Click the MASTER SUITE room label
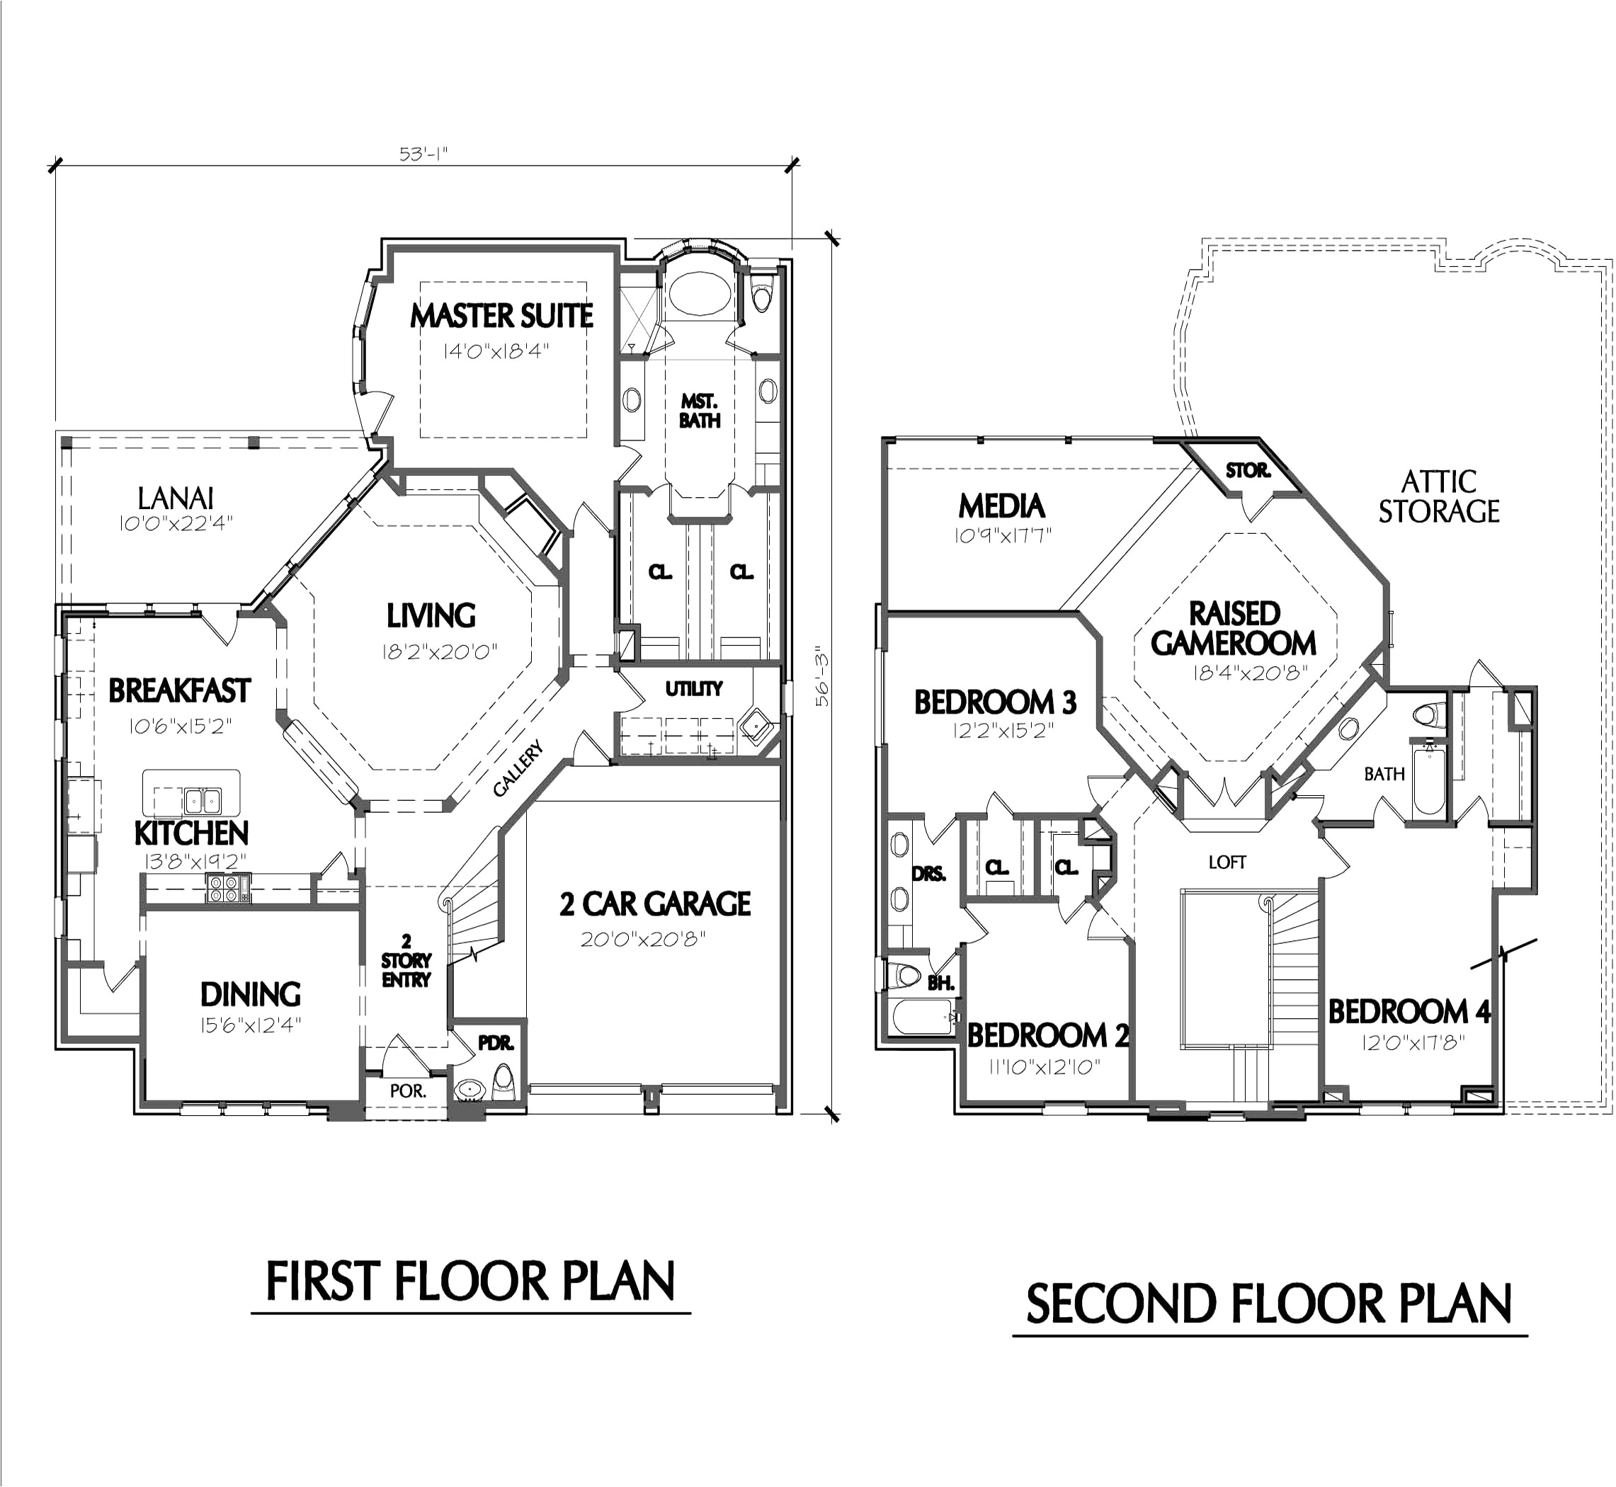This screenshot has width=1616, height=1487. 501,315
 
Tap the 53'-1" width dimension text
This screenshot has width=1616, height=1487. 423,154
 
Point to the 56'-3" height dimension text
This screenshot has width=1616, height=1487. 822,677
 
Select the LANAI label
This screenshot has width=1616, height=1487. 176,498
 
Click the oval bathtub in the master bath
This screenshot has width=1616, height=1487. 700,293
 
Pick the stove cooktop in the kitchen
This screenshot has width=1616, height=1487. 228,887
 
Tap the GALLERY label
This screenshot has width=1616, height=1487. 518,769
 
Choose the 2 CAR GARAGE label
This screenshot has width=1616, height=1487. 655,904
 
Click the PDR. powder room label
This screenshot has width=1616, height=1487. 496,1044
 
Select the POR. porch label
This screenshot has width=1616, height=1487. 408,1091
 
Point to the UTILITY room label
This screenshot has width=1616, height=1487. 694,689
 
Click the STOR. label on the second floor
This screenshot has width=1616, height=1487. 1248,470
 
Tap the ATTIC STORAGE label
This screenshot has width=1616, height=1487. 1439,496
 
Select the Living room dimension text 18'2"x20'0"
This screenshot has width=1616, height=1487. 440,651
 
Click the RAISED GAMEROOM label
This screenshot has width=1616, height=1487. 1234,629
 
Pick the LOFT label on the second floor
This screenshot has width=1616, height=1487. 1227,862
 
